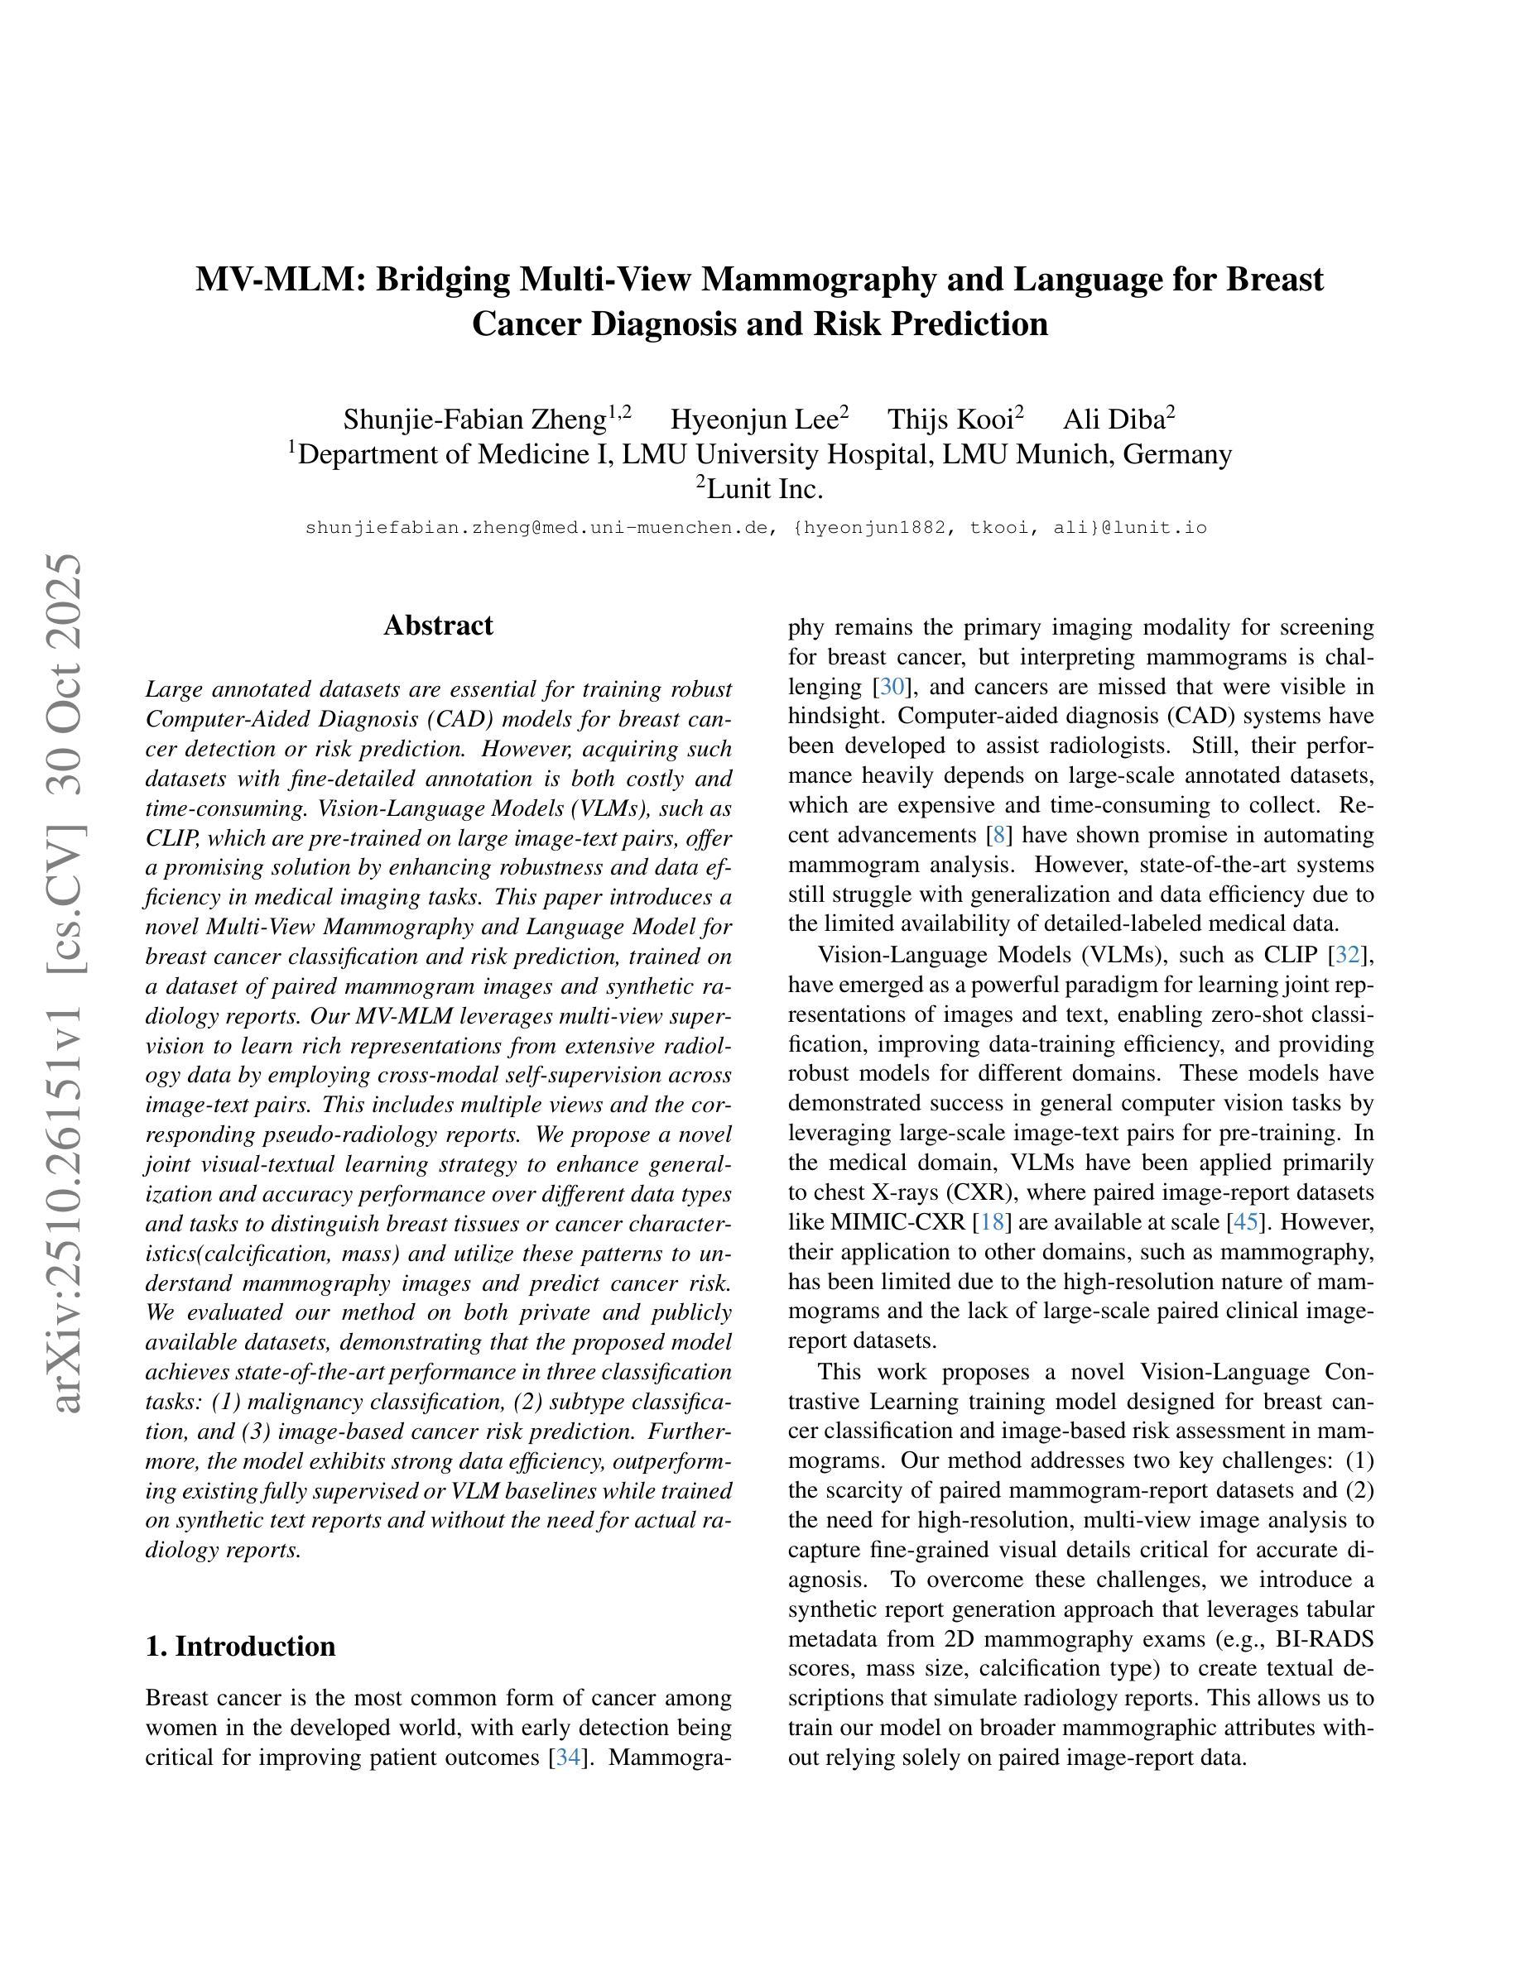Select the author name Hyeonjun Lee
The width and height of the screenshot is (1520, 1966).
click(x=754, y=420)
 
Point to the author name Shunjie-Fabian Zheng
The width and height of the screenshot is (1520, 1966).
click(x=474, y=420)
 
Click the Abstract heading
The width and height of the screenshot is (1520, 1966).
click(x=438, y=626)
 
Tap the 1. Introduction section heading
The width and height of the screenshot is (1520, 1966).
click(x=239, y=1647)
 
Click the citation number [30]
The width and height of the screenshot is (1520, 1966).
click(x=892, y=687)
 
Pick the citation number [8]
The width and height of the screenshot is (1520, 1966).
click(x=997, y=836)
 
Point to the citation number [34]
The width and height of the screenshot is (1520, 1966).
click(x=568, y=1757)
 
